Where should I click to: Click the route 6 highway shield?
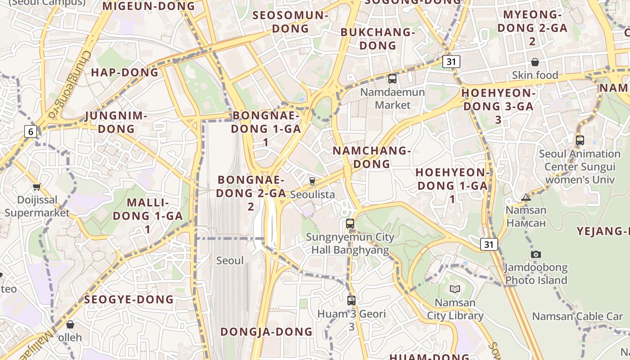(31, 131)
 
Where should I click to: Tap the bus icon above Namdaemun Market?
(392, 79)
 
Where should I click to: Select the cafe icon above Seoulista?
(312, 181)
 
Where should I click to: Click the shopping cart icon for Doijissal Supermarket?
(36, 187)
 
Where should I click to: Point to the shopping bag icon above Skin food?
(535, 62)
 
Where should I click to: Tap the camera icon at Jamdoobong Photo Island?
(535, 254)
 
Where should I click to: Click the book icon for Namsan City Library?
(454, 289)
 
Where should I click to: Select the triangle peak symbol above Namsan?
(526, 197)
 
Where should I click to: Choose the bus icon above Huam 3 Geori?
(351, 300)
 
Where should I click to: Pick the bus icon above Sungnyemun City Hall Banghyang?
(350, 223)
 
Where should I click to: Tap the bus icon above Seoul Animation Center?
(580, 140)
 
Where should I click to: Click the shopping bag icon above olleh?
(70, 324)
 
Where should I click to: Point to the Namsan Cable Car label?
(577, 316)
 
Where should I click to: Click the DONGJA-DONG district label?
(266, 332)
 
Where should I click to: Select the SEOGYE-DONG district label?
(129, 299)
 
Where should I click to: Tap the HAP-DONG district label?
(125, 72)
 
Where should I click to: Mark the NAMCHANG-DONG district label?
(372, 157)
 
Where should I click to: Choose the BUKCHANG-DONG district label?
(378, 39)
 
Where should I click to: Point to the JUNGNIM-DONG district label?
(117, 122)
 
